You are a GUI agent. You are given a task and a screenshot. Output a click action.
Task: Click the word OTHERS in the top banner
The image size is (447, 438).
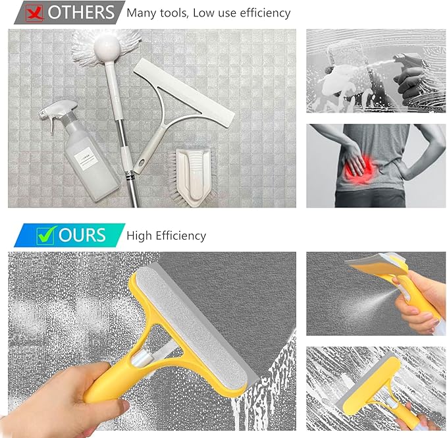pos(81,12)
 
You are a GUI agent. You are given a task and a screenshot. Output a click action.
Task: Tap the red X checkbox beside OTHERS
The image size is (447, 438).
pos(34,11)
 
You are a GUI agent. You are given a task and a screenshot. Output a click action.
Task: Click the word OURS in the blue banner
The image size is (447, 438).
pos(82,235)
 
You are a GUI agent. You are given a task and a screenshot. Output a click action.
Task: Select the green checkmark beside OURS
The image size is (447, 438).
pos(45,235)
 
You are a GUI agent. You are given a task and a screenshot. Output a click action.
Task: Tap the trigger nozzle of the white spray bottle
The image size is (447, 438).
pos(55,109)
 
